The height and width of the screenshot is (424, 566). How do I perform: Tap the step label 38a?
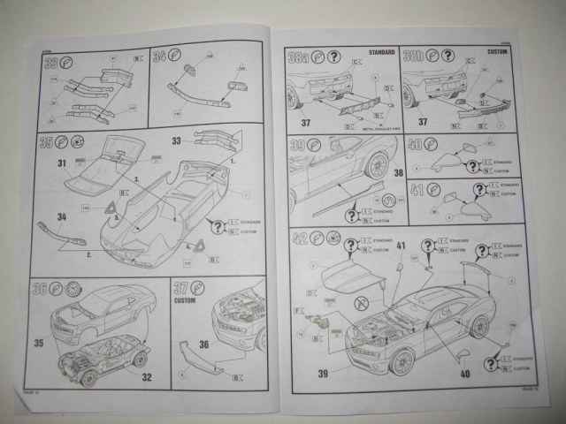pos(298,58)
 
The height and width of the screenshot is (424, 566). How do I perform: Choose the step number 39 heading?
pos(296,144)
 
